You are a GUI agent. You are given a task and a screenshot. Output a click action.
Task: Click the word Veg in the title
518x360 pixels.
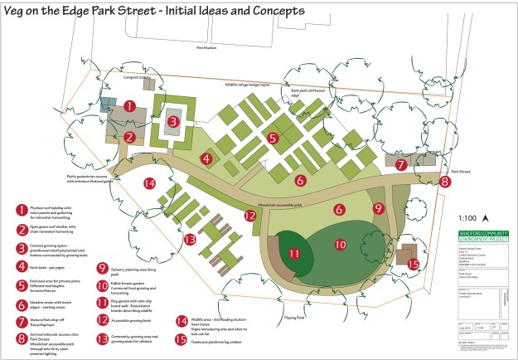point(22,12)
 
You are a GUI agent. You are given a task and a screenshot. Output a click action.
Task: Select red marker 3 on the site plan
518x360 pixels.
point(172,121)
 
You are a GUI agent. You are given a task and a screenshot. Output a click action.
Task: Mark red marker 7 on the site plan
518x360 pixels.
point(400,164)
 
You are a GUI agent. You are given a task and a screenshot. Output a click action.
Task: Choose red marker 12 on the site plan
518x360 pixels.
point(249,216)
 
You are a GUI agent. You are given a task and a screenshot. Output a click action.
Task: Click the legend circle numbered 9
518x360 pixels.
point(101,269)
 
